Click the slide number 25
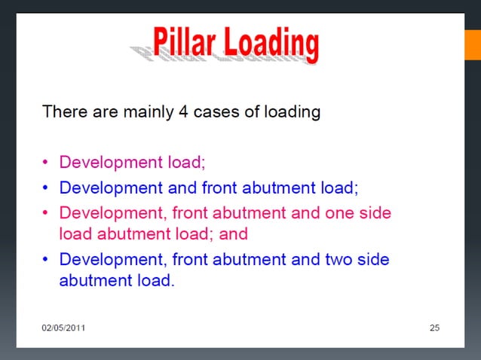(434, 328)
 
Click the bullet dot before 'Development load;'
(47, 162)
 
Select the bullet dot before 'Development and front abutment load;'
(47, 187)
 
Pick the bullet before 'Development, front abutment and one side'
(47, 212)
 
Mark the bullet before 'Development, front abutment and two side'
(47, 259)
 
